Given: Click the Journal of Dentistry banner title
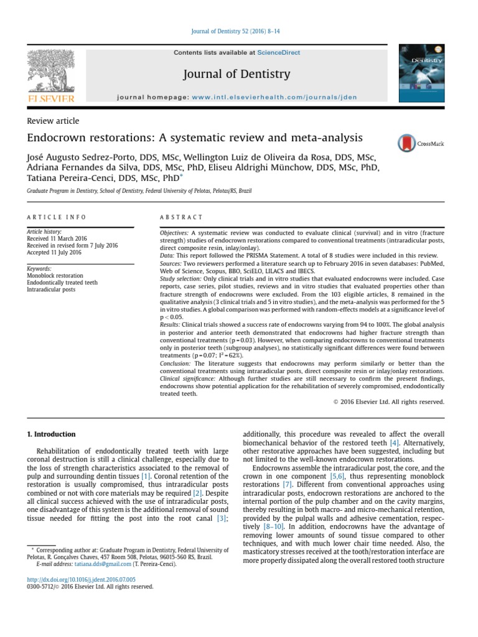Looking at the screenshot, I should pos(237,75).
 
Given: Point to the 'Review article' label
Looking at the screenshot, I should pos(53,121).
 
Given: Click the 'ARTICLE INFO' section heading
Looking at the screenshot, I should pos(57,217).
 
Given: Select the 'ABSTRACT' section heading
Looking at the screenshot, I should pos(182,217).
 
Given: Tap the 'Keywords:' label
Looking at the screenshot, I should pos(40,269).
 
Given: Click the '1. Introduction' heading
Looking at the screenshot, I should pos(51,434).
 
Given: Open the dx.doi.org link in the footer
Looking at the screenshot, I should pos(78,579).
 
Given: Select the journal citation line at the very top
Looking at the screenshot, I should pos(238,32).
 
